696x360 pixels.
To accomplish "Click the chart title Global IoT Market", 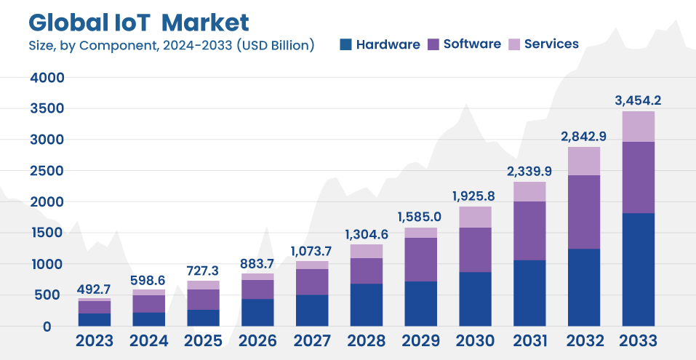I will point(138,22).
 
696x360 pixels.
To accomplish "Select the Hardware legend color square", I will point(345,44).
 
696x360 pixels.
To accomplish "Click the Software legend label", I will point(472,44).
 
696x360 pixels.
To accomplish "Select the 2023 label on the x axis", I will point(95,341).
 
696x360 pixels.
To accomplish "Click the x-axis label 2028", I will point(367,341).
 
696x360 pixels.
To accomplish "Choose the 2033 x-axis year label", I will point(638,341).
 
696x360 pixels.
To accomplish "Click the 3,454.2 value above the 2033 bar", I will point(638,100).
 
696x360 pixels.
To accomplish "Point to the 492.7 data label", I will point(95,289).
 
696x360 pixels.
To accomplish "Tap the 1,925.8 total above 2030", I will point(475,196).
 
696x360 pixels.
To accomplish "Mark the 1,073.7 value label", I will point(312,251).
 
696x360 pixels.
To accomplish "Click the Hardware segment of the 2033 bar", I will point(638,269).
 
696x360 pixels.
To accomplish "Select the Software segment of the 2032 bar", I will point(583,212).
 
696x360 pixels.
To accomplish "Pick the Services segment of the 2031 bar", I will point(529,191).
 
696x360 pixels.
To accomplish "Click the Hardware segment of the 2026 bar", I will point(257,312).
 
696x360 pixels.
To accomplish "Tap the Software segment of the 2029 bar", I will point(420,260).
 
